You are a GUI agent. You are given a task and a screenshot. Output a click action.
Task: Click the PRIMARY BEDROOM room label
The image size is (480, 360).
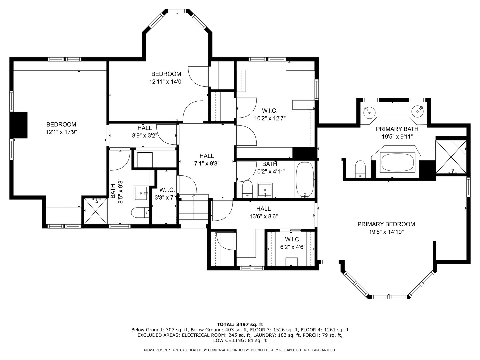[x=386, y=224]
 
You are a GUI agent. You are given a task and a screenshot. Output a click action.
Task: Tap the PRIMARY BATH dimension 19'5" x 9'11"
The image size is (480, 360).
[x=397, y=137]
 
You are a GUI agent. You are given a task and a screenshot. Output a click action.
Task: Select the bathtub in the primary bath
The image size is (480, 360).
[x=398, y=162]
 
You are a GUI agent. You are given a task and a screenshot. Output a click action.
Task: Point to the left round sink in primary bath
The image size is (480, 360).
[x=369, y=112]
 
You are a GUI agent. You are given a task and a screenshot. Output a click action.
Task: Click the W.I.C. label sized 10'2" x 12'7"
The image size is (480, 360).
[x=269, y=111]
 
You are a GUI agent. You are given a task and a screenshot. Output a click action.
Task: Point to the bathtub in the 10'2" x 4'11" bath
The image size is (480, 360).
[x=304, y=180]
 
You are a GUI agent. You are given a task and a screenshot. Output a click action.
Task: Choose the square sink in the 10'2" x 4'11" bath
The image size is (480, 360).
[x=265, y=190]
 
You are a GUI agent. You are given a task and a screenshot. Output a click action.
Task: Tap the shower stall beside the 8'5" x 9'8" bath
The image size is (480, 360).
[x=95, y=211]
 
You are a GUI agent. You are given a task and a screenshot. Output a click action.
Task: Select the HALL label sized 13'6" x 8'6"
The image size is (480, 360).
[x=263, y=209]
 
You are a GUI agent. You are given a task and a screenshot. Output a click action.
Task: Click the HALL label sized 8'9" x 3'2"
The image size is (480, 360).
[x=144, y=128]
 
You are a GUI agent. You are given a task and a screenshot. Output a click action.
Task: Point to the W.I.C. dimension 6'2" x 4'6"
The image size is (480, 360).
[x=293, y=247]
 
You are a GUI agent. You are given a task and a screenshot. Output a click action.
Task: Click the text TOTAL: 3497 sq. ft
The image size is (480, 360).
[x=240, y=324]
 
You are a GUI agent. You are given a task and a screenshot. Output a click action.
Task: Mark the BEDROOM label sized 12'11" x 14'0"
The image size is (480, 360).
[x=166, y=74]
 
